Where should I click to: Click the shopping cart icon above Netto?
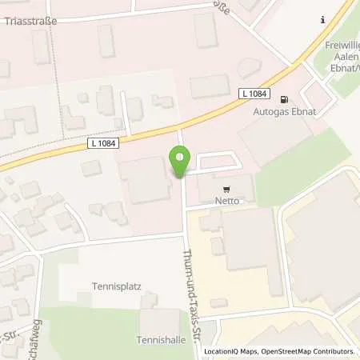(x=226, y=190)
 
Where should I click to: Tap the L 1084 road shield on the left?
(x=103, y=143)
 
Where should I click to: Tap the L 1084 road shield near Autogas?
(x=253, y=94)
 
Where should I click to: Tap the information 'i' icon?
(x=322, y=19)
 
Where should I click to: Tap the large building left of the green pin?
(x=146, y=180)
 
